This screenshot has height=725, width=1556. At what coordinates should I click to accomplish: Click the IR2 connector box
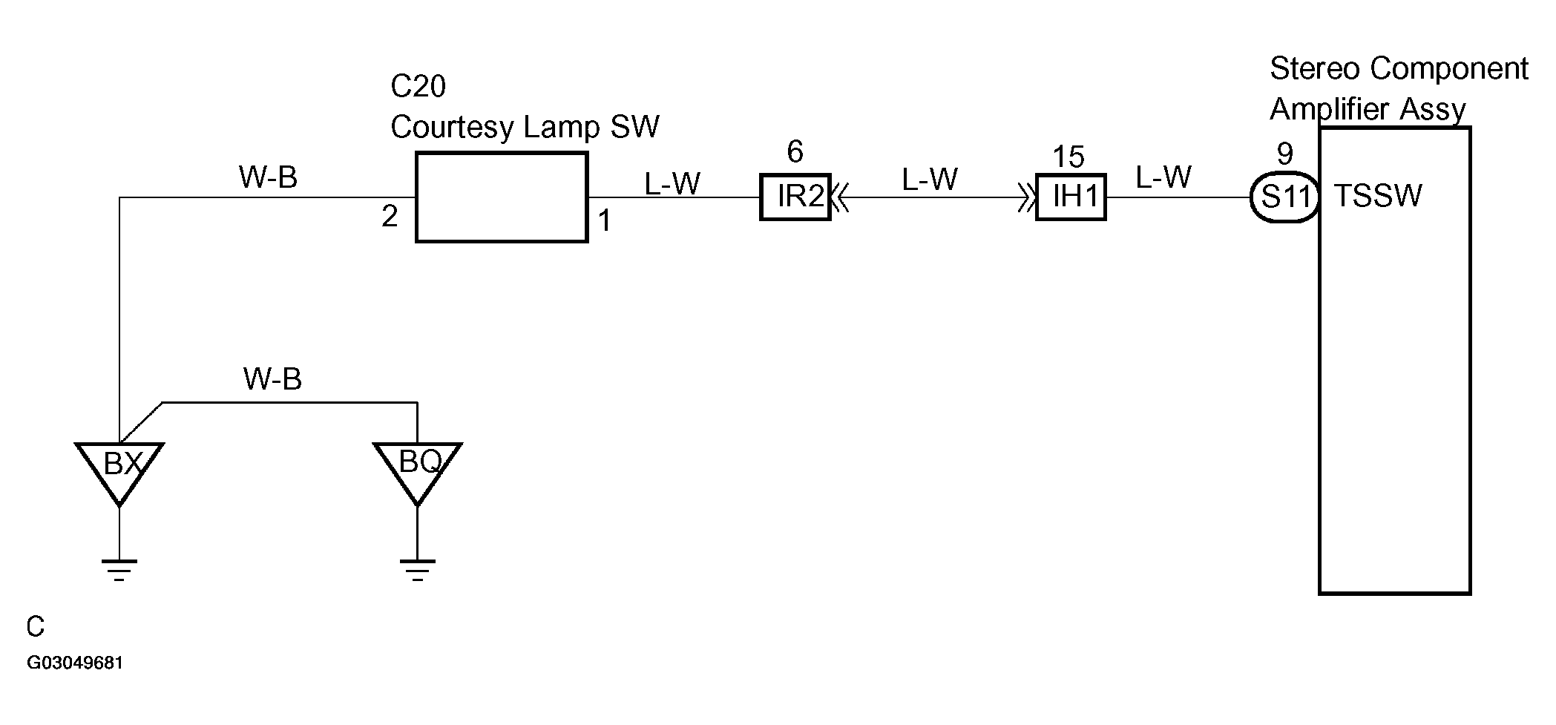point(795,197)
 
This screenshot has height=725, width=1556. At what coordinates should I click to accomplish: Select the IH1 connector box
point(1071,197)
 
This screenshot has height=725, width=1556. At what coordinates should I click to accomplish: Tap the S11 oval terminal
point(1284,197)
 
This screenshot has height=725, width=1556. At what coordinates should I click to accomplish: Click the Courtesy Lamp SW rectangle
point(502,197)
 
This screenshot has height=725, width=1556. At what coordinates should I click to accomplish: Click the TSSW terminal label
point(1378,196)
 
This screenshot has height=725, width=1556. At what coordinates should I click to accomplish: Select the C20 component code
point(418,87)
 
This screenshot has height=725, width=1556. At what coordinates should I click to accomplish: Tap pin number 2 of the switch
point(390,217)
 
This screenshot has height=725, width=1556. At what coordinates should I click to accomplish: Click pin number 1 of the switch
point(605,220)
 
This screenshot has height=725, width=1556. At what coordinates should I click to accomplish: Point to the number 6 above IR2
point(795,152)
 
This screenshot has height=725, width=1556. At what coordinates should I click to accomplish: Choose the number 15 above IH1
point(1068,157)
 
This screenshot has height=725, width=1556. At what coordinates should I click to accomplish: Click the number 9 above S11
point(1285,154)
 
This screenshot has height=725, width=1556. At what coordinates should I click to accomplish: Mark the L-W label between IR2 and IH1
point(930,180)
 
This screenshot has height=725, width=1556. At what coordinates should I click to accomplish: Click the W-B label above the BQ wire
point(272,379)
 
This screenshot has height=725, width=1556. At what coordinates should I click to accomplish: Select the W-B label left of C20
point(268,177)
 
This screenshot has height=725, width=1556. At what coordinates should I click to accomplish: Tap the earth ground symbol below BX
point(119,569)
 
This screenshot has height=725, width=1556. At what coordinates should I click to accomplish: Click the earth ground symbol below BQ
point(418,569)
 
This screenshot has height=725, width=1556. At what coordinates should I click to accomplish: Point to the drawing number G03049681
point(75,663)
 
